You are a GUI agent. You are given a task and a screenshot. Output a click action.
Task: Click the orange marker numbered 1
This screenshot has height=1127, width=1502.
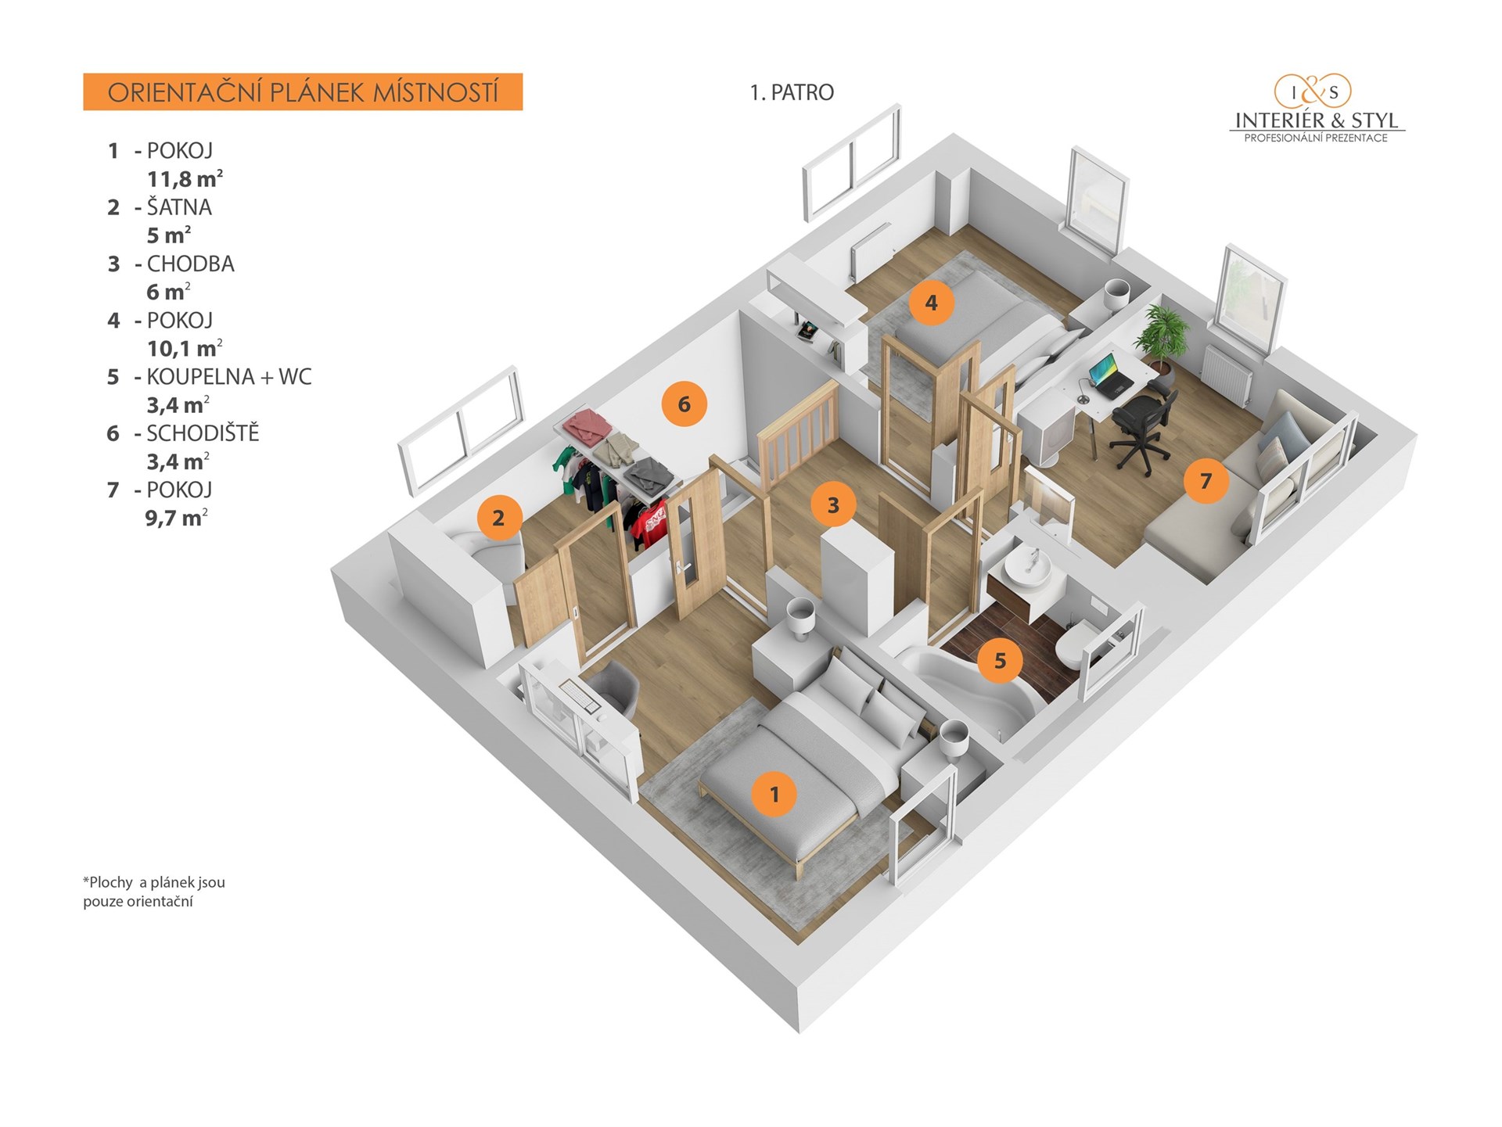[774, 794]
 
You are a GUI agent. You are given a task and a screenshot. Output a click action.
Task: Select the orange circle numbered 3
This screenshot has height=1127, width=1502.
[832, 504]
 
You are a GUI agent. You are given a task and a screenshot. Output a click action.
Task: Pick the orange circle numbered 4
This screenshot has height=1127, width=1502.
[931, 303]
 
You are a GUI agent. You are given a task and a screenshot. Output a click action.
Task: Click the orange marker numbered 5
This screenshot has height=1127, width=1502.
[1000, 661]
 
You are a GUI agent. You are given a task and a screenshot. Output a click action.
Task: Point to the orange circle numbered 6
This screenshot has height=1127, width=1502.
[684, 404]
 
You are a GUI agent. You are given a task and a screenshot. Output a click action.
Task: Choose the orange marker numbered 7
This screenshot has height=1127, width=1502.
[1206, 480]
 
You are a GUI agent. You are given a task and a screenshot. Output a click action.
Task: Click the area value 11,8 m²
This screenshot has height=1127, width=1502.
[185, 179]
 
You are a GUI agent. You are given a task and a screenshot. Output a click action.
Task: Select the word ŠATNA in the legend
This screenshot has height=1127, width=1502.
[179, 207]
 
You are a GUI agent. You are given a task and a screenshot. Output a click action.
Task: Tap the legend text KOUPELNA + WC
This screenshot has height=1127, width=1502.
[229, 377]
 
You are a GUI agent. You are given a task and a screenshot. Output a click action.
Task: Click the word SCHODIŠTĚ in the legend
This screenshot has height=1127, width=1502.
[203, 433]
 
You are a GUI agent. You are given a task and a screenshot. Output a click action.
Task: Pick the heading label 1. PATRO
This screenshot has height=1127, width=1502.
[792, 92]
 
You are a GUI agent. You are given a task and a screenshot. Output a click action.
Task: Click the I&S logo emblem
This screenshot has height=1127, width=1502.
[1313, 92]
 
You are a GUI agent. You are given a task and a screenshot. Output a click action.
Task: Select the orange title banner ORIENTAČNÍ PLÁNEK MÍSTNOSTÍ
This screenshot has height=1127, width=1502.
[303, 92]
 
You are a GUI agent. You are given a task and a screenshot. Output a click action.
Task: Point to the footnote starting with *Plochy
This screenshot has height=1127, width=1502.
[154, 892]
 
